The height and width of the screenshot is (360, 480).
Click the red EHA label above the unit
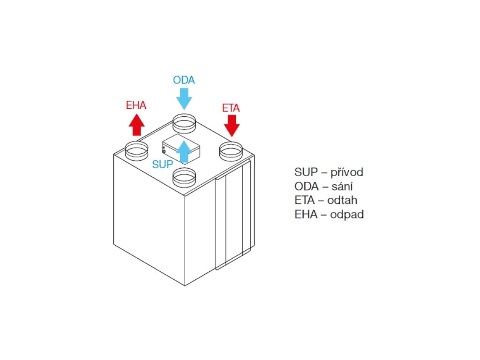coord(136,105)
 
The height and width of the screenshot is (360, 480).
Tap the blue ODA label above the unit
coord(184,80)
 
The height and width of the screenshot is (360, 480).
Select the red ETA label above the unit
coord(231,108)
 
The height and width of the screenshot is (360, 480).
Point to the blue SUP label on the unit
coord(163,165)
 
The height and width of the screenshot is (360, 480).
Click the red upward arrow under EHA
coord(136,125)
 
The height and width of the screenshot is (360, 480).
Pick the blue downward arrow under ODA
coord(184,98)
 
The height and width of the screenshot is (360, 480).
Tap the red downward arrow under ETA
coord(232,126)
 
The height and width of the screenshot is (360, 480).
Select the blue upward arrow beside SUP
coord(185,151)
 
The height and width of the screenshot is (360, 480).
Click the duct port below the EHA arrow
coord(136,150)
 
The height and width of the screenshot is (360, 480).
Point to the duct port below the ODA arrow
coord(184,123)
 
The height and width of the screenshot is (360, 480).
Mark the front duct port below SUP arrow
coord(184,178)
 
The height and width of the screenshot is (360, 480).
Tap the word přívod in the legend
coord(347,172)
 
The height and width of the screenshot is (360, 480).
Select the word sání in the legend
coord(343,186)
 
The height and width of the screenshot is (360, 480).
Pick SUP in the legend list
coord(306,172)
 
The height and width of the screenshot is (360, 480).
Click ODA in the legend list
coord(306,186)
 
